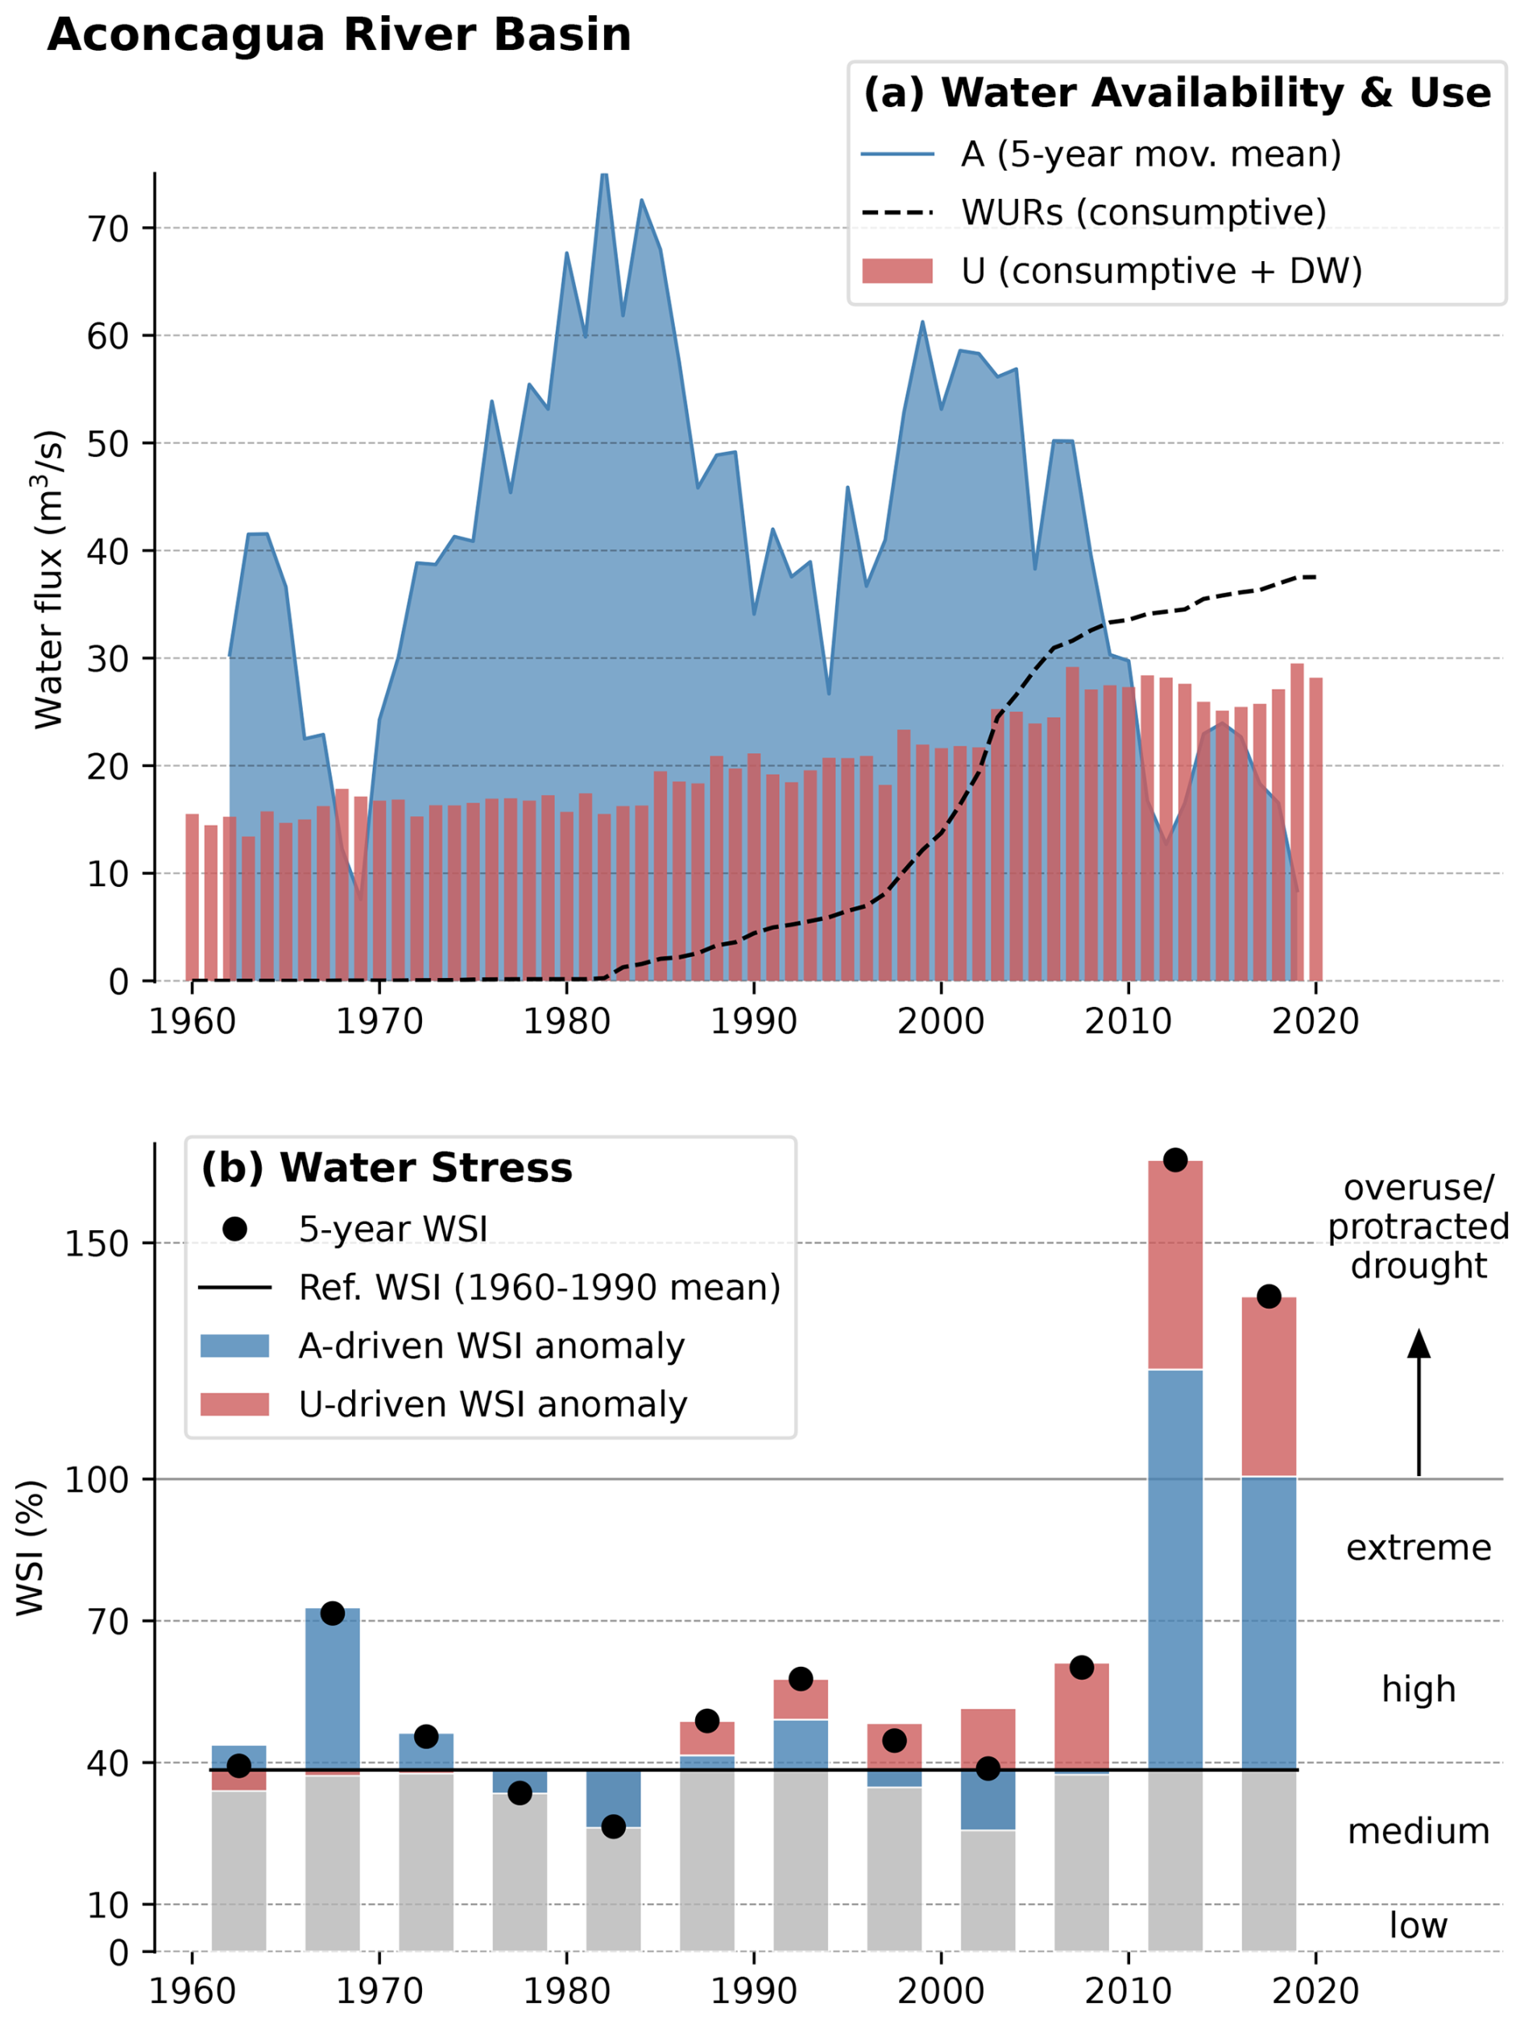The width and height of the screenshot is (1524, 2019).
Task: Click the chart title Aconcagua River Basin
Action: (x=338, y=35)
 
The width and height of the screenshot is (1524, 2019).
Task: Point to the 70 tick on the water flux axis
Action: (x=108, y=228)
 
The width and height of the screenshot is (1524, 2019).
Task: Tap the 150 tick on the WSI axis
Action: (x=96, y=1243)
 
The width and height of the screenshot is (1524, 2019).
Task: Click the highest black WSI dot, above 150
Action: (x=1175, y=1160)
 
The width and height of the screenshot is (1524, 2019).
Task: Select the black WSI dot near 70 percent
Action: (x=332, y=1613)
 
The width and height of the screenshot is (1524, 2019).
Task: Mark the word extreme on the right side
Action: (x=1418, y=1547)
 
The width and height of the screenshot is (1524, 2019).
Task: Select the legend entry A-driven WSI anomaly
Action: (x=491, y=1345)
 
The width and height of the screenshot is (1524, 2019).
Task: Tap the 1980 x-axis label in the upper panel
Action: (x=567, y=1021)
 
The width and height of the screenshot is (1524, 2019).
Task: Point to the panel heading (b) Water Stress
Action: (x=387, y=1168)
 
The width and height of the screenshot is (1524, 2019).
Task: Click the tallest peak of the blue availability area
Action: (x=604, y=176)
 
